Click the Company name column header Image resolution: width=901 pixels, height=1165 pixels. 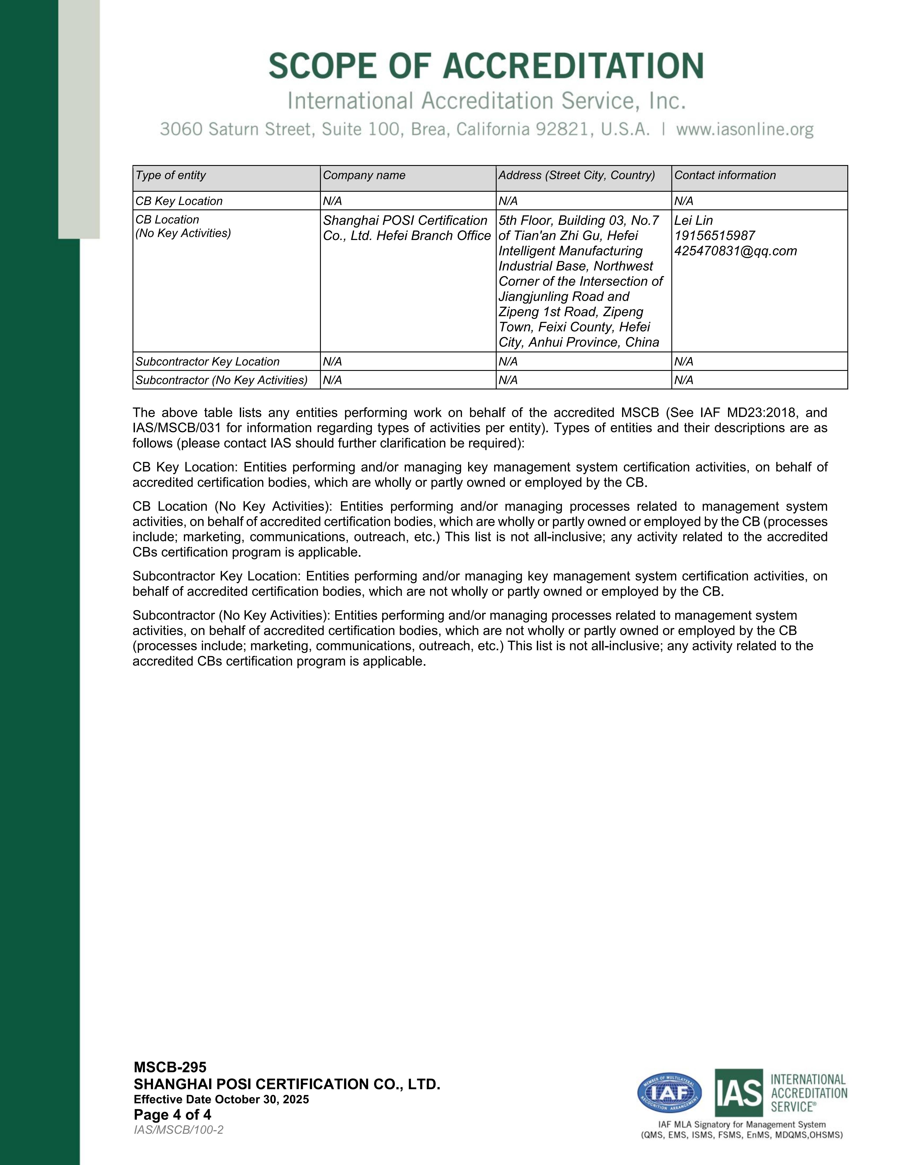coord(364,175)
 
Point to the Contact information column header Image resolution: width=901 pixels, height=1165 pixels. coord(725,175)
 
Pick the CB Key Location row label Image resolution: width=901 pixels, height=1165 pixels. coord(179,201)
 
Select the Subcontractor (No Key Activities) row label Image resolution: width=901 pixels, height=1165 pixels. coord(221,380)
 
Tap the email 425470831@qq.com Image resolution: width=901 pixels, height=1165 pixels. coord(736,251)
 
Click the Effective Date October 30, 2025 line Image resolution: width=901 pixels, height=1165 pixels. coord(221,1099)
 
